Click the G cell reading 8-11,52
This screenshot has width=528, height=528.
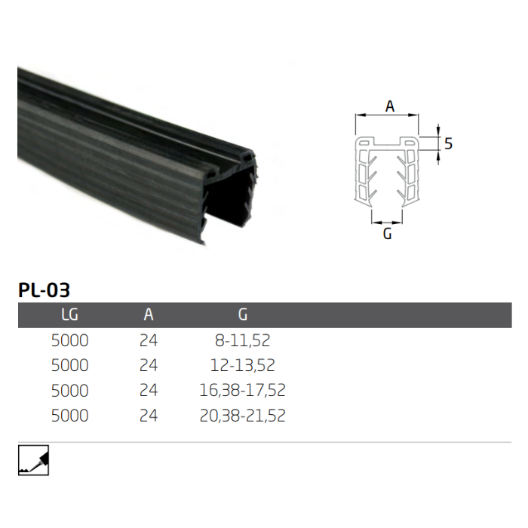point(242,341)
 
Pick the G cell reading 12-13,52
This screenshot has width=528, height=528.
point(242,366)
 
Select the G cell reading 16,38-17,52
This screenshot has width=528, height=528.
point(242,391)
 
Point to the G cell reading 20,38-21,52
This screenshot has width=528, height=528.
point(242,416)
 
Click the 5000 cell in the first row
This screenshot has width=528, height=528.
point(69,341)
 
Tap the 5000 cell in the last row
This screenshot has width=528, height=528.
point(69,416)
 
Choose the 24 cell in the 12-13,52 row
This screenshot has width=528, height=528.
point(149,366)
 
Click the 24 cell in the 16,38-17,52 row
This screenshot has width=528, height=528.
point(149,391)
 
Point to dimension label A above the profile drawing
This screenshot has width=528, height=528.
point(390,106)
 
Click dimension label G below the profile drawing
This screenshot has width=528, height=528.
point(388,234)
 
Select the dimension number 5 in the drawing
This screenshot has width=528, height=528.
point(448,143)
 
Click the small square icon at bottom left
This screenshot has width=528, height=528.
point(33,460)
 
